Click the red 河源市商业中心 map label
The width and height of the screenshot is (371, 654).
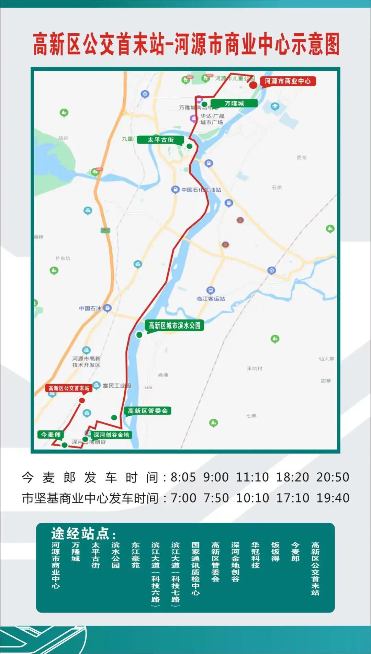click(x=288, y=81)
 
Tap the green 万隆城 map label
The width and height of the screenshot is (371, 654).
click(x=234, y=103)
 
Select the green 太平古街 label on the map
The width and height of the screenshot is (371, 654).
click(x=160, y=140)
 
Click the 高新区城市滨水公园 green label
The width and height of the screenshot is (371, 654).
click(x=175, y=325)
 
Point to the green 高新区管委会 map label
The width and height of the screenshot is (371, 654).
click(x=148, y=411)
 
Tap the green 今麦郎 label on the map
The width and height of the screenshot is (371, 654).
click(x=51, y=435)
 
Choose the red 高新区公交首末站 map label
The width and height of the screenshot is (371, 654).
click(x=69, y=388)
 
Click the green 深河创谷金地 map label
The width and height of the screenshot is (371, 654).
click(x=111, y=435)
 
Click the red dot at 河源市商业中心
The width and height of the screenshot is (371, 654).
click(x=253, y=85)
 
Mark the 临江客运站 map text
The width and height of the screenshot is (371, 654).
click(x=211, y=298)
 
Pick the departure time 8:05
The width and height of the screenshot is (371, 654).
click(x=183, y=477)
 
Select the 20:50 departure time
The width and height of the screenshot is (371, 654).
click(x=333, y=477)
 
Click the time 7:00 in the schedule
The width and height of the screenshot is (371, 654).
click(x=183, y=498)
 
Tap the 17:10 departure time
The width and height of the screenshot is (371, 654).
click(x=292, y=498)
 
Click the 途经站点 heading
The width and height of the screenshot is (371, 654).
click(x=83, y=533)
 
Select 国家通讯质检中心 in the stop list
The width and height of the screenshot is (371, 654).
click(x=195, y=568)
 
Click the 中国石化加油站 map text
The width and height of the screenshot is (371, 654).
click(x=201, y=190)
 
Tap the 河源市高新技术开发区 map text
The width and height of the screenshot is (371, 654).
click(x=86, y=362)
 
